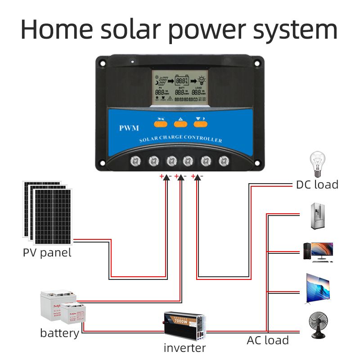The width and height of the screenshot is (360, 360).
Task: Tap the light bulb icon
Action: coord(318,164)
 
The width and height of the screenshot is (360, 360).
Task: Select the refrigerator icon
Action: coord(318,217)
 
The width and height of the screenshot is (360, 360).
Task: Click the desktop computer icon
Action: coord(318,252)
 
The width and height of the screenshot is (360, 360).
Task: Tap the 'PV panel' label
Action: coord(47,252)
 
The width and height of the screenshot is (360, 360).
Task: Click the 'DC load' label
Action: coord(317,184)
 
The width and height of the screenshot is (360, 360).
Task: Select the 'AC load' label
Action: coord(267,340)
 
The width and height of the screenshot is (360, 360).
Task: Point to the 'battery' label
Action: coord(59,333)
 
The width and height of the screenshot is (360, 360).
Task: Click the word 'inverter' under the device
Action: coord(184,347)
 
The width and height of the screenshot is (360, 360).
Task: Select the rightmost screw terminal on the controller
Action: coord(224,160)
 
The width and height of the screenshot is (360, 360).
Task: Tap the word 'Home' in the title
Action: coord(55,29)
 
